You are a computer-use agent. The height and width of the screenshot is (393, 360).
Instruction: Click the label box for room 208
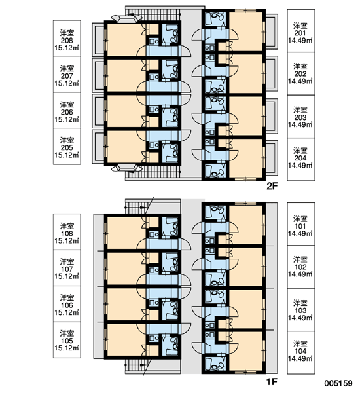pyautogui.click(x=67, y=38)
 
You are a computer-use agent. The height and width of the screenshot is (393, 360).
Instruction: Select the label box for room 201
pyautogui.click(x=300, y=31)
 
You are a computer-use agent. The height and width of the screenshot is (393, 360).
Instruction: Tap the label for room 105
pyautogui.click(x=67, y=340)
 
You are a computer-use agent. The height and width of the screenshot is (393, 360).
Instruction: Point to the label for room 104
pyautogui.click(x=300, y=352)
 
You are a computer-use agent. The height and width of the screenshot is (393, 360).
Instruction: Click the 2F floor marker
pyautogui.click(x=272, y=186)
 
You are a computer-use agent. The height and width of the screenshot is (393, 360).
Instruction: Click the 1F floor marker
pyautogui.click(x=272, y=382)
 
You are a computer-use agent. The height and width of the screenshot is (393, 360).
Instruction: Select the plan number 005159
pyautogui.click(x=338, y=383)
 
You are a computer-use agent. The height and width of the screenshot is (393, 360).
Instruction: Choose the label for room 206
pyautogui.click(x=67, y=111)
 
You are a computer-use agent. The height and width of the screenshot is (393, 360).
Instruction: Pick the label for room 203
pyautogui.click(x=300, y=117)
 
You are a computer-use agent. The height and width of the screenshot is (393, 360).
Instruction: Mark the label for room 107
pyautogui.click(x=67, y=268)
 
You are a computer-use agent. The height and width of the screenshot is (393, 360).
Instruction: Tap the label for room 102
pyautogui.click(x=300, y=267)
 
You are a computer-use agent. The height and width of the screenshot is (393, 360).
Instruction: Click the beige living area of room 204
pyautogui.click(x=245, y=158)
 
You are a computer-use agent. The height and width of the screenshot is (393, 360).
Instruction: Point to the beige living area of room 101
pyautogui.click(x=245, y=224)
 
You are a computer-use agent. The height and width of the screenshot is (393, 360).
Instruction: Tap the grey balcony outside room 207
pyautogui.click(x=98, y=75)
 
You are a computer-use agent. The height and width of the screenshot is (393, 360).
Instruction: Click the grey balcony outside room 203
pyautogui.click(x=272, y=116)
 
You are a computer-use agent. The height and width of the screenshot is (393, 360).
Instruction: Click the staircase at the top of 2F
pyautogui.click(x=153, y=14)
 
